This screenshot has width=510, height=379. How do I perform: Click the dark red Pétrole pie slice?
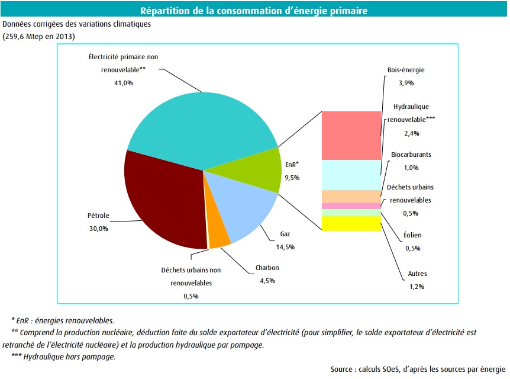pyautogui.click(x=160, y=198)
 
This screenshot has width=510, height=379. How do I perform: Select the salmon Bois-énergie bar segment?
pyautogui.click(x=351, y=135)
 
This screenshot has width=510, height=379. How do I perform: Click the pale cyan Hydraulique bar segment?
pyautogui.click(x=351, y=175)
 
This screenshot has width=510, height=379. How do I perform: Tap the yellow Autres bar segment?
pyautogui.click(x=351, y=223)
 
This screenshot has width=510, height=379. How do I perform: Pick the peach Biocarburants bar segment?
pyautogui.click(x=351, y=196)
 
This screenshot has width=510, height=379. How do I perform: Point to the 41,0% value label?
pyautogui.click(x=123, y=83)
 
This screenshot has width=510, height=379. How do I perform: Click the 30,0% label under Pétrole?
pyautogui.click(x=98, y=228)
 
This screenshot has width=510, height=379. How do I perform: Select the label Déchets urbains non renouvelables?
pyautogui.click(x=191, y=276)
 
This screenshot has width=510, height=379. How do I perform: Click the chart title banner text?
pyautogui.click(x=254, y=11)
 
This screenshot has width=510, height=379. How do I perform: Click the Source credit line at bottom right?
pyautogui.click(x=418, y=369)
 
